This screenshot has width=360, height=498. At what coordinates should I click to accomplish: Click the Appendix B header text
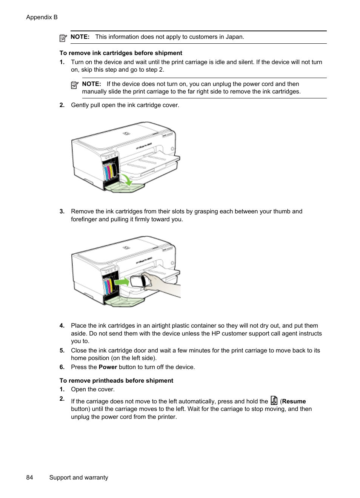pyautogui.click(x=42, y=17)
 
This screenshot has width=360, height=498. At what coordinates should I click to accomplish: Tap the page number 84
pyautogui.click(x=29, y=477)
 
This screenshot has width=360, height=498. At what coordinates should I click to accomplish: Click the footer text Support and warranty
pyautogui.click(x=78, y=477)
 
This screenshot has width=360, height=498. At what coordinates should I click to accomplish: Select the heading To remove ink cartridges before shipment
pyautogui.click(x=121, y=53)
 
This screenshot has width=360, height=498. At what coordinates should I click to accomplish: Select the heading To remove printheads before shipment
pyautogui.click(x=116, y=381)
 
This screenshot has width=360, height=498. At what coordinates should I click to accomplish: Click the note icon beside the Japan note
pyautogui.click(x=63, y=38)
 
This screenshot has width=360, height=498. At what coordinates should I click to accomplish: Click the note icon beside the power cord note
pyautogui.click(x=75, y=85)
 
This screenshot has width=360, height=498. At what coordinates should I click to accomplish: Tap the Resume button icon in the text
pyautogui.click(x=274, y=400)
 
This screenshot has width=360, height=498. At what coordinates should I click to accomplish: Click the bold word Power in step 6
pyautogui.click(x=108, y=367)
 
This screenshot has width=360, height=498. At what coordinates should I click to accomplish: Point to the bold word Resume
pyautogui.click(x=294, y=401)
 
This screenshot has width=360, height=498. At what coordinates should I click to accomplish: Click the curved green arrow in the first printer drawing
pyautogui.click(x=127, y=179)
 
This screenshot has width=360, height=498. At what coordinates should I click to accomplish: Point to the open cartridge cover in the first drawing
pyautogui.click(x=125, y=187)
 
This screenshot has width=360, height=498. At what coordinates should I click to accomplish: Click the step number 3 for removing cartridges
pyautogui.click(x=62, y=211)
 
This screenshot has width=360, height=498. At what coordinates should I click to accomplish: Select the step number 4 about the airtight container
pyautogui.click(x=62, y=326)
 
